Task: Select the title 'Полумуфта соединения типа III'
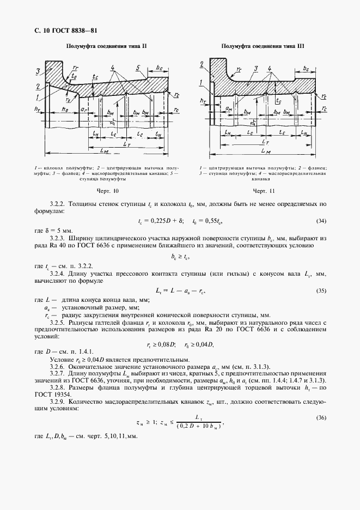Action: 263,46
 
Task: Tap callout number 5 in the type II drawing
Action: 138,69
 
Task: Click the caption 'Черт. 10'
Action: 107,191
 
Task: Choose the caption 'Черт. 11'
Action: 264,191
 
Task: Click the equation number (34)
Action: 321,221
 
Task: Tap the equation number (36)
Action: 321,417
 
